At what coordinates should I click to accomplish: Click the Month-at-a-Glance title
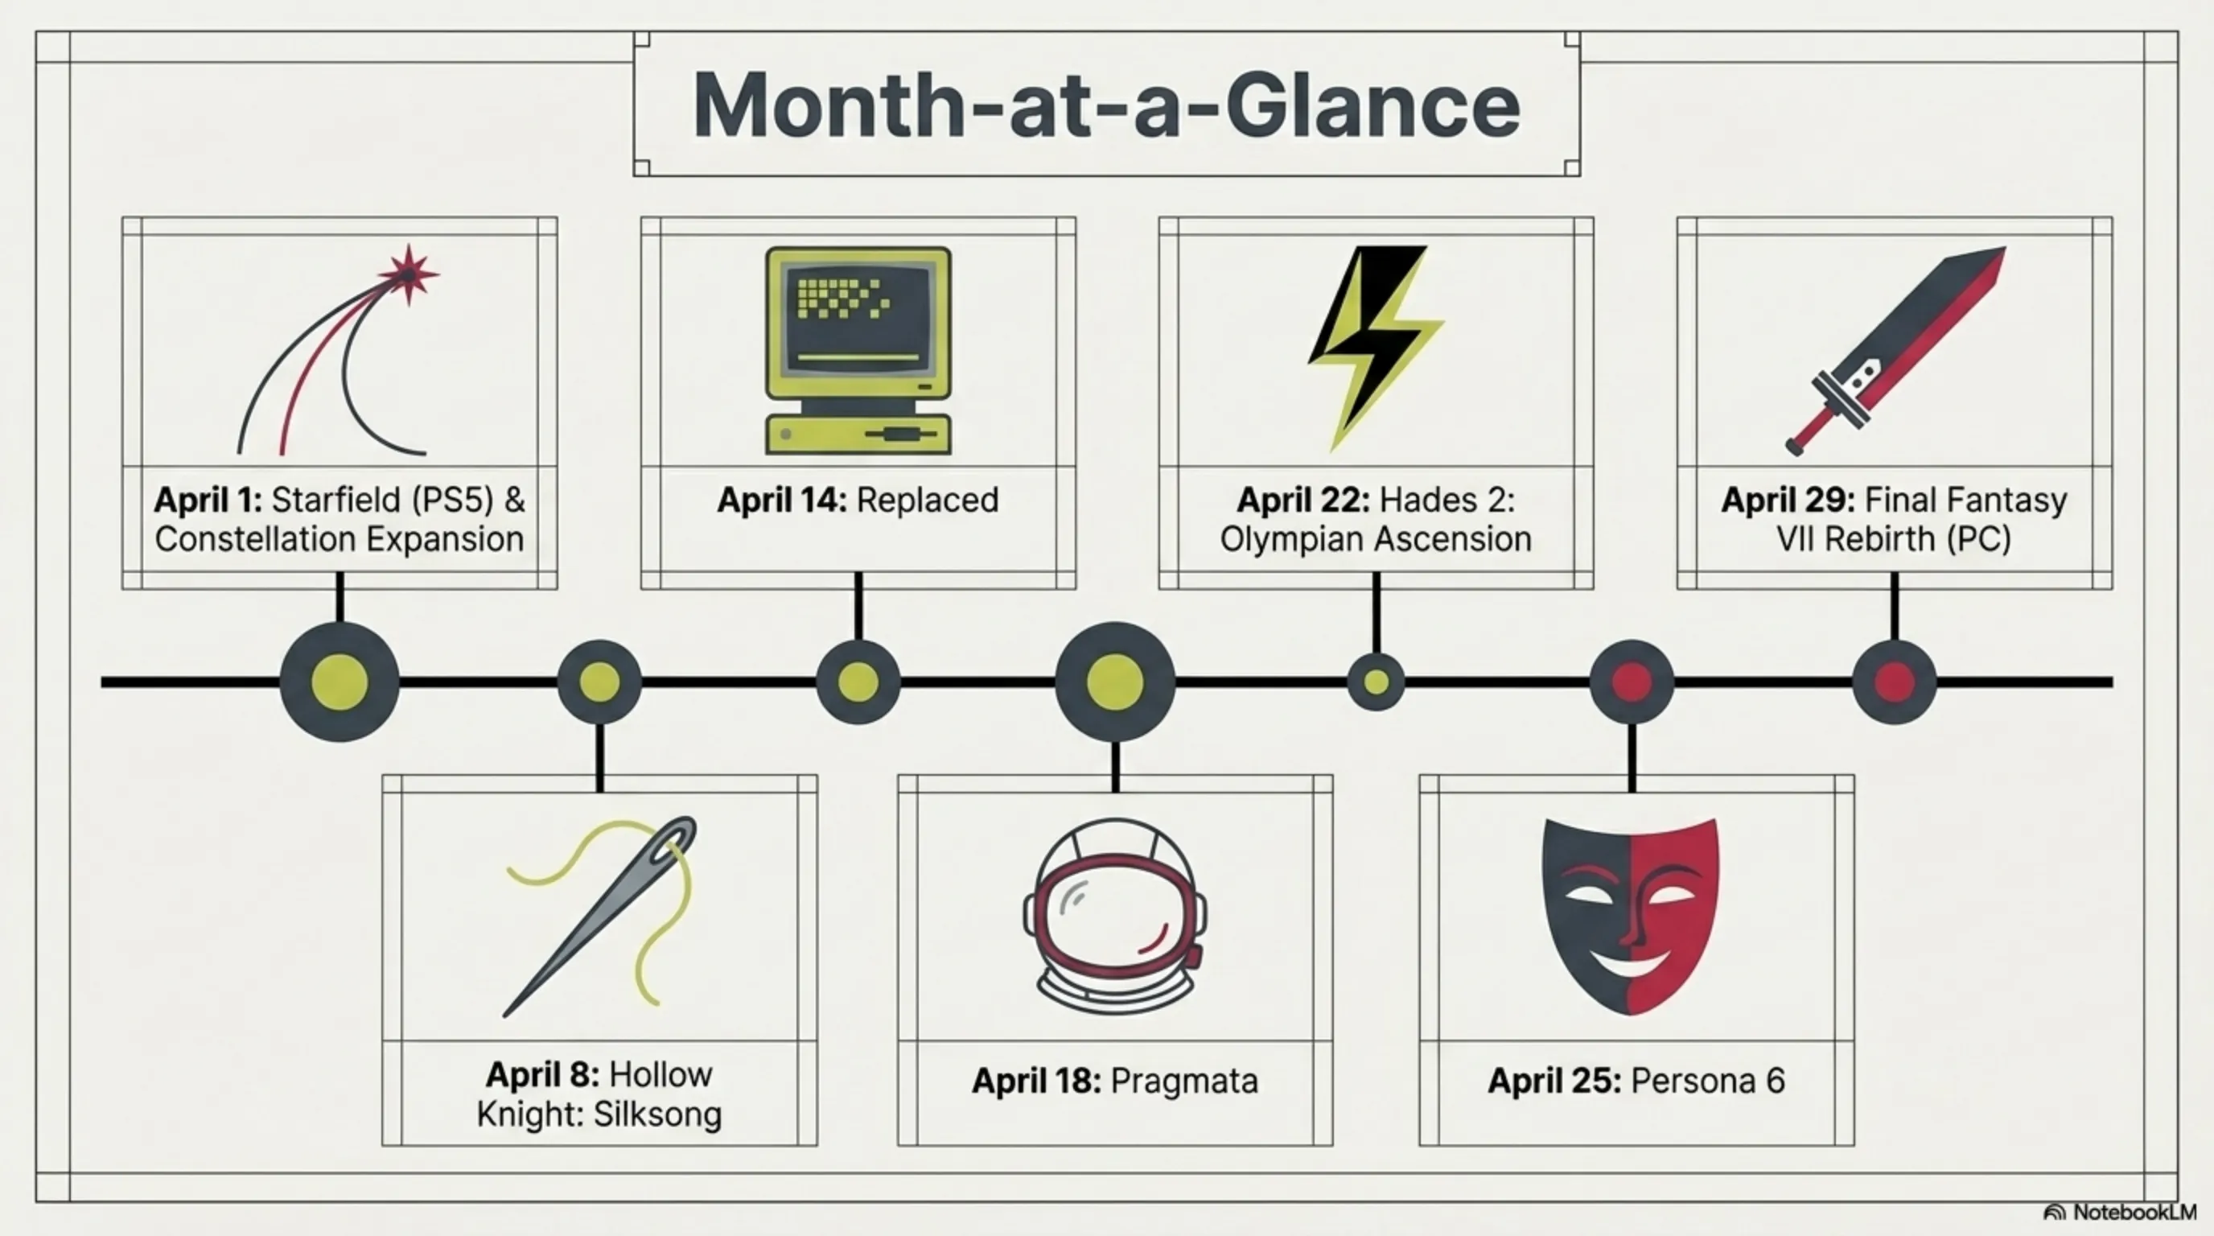1106,105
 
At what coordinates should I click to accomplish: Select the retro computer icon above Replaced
858,350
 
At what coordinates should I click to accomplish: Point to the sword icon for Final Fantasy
1895,350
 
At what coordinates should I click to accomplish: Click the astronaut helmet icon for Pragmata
1115,917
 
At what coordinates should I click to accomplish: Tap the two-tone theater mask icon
1631,915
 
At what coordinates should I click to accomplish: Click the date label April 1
212,501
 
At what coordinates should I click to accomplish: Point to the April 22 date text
1302,501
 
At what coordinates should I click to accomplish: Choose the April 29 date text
1788,501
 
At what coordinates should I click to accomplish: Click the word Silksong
657,1114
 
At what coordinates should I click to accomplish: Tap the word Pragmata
1183,1081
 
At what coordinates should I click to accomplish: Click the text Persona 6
1708,1081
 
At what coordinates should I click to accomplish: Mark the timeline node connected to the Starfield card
340,682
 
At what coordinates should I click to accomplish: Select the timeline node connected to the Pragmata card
1115,682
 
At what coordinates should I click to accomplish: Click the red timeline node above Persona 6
1632,682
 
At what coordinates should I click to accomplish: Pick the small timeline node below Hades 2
1376,682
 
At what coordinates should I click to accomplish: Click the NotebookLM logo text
2134,1212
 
